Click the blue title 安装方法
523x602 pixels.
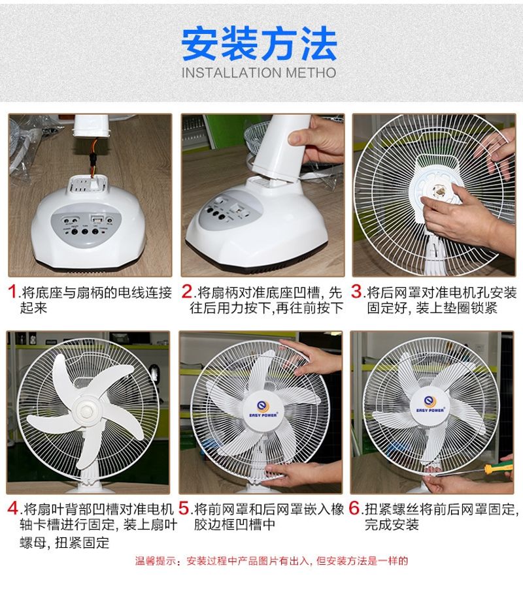coord(260,43)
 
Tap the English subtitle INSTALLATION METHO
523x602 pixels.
coord(259,72)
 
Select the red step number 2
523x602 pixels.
coord(187,291)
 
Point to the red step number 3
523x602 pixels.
coord(356,291)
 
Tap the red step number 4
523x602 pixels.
coord(13,509)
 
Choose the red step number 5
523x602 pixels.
coord(184,509)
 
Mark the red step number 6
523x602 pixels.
coord(354,509)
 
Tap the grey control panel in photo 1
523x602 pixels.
coord(86,225)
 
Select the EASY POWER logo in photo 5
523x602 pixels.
coord(263,409)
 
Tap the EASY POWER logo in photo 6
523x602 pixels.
coord(430,405)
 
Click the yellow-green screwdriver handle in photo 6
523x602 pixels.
coord(498,468)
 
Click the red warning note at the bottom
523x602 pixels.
coord(271,561)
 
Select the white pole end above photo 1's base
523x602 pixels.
coord(92,126)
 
